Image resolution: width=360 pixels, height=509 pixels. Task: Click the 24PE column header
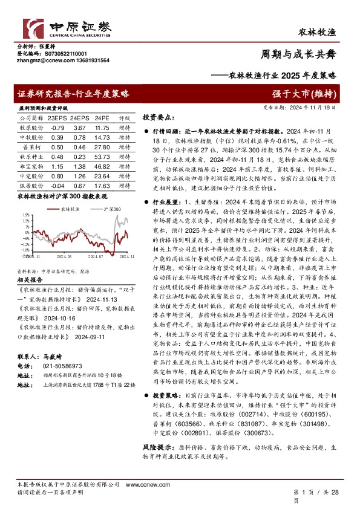tap(102, 119)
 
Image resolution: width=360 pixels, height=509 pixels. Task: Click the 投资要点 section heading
tap(159, 117)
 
